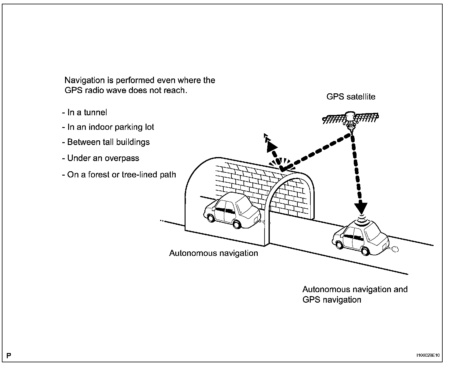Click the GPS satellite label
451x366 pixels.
pyautogui.click(x=351, y=97)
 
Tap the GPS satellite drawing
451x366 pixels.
pyautogui.click(x=351, y=119)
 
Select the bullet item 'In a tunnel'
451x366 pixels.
pyautogui.click(x=85, y=112)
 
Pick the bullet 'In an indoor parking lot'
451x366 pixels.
pyautogui.click(x=108, y=127)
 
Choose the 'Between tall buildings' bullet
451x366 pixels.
pyautogui.click(x=106, y=142)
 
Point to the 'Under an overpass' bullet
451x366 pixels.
pyautogui.click(x=101, y=158)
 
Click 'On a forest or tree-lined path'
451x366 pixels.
pyautogui.click(x=119, y=175)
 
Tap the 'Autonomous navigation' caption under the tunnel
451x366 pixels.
pyautogui.click(x=213, y=253)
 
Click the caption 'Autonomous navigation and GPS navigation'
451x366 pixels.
pyautogui.click(x=355, y=294)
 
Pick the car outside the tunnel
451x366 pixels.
pyautogui.click(x=360, y=238)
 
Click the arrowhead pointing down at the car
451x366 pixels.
pyautogui.click(x=361, y=208)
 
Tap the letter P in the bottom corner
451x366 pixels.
pyautogui.click(x=9, y=355)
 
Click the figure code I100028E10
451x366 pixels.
pyautogui.click(x=428, y=355)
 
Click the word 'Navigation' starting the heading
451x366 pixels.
pyautogui.click(x=85, y=80)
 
